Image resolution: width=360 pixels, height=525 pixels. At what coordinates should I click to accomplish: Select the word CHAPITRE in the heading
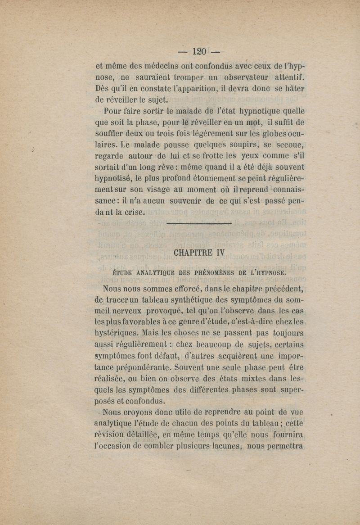pos(193,253)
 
